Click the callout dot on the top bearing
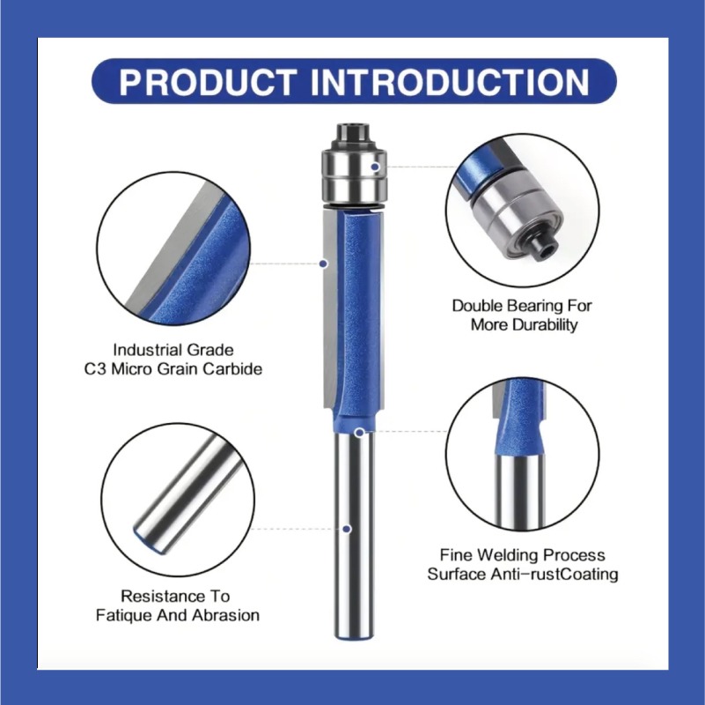(376, 165)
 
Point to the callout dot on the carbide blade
(324, 263)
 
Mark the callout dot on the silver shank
(347, 529)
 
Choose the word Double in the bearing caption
(475, 306)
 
